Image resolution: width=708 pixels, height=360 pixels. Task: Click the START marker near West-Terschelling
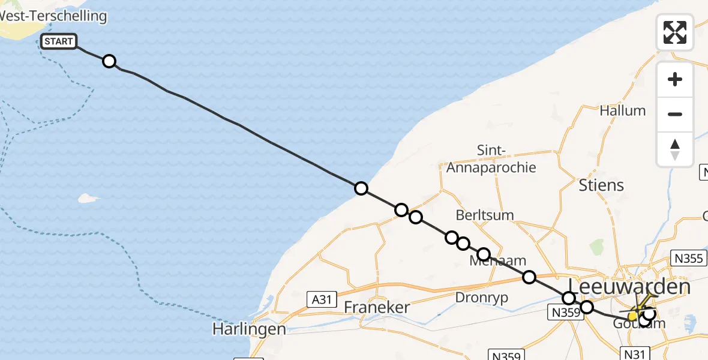(59, 41)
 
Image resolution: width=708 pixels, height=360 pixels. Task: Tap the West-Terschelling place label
(54, 16)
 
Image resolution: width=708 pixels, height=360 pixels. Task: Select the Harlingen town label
(248, 329)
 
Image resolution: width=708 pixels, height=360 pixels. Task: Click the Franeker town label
(377, 308)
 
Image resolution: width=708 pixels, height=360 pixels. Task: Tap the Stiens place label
(601, 185)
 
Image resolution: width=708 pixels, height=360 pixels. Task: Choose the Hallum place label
(623, 110)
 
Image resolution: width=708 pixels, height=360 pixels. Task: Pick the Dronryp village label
(482, 297)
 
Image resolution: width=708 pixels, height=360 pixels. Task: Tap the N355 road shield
(688, 259)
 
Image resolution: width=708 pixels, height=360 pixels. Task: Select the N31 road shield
(637, 354)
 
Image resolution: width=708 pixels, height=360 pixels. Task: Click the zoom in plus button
(675, 80)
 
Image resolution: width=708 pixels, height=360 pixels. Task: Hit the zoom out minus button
(675, 115)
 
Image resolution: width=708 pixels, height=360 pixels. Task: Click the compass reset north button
(675, 149)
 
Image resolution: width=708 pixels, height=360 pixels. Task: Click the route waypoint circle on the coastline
(361, 188)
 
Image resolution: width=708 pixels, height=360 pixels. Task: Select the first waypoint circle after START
(109, 61)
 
